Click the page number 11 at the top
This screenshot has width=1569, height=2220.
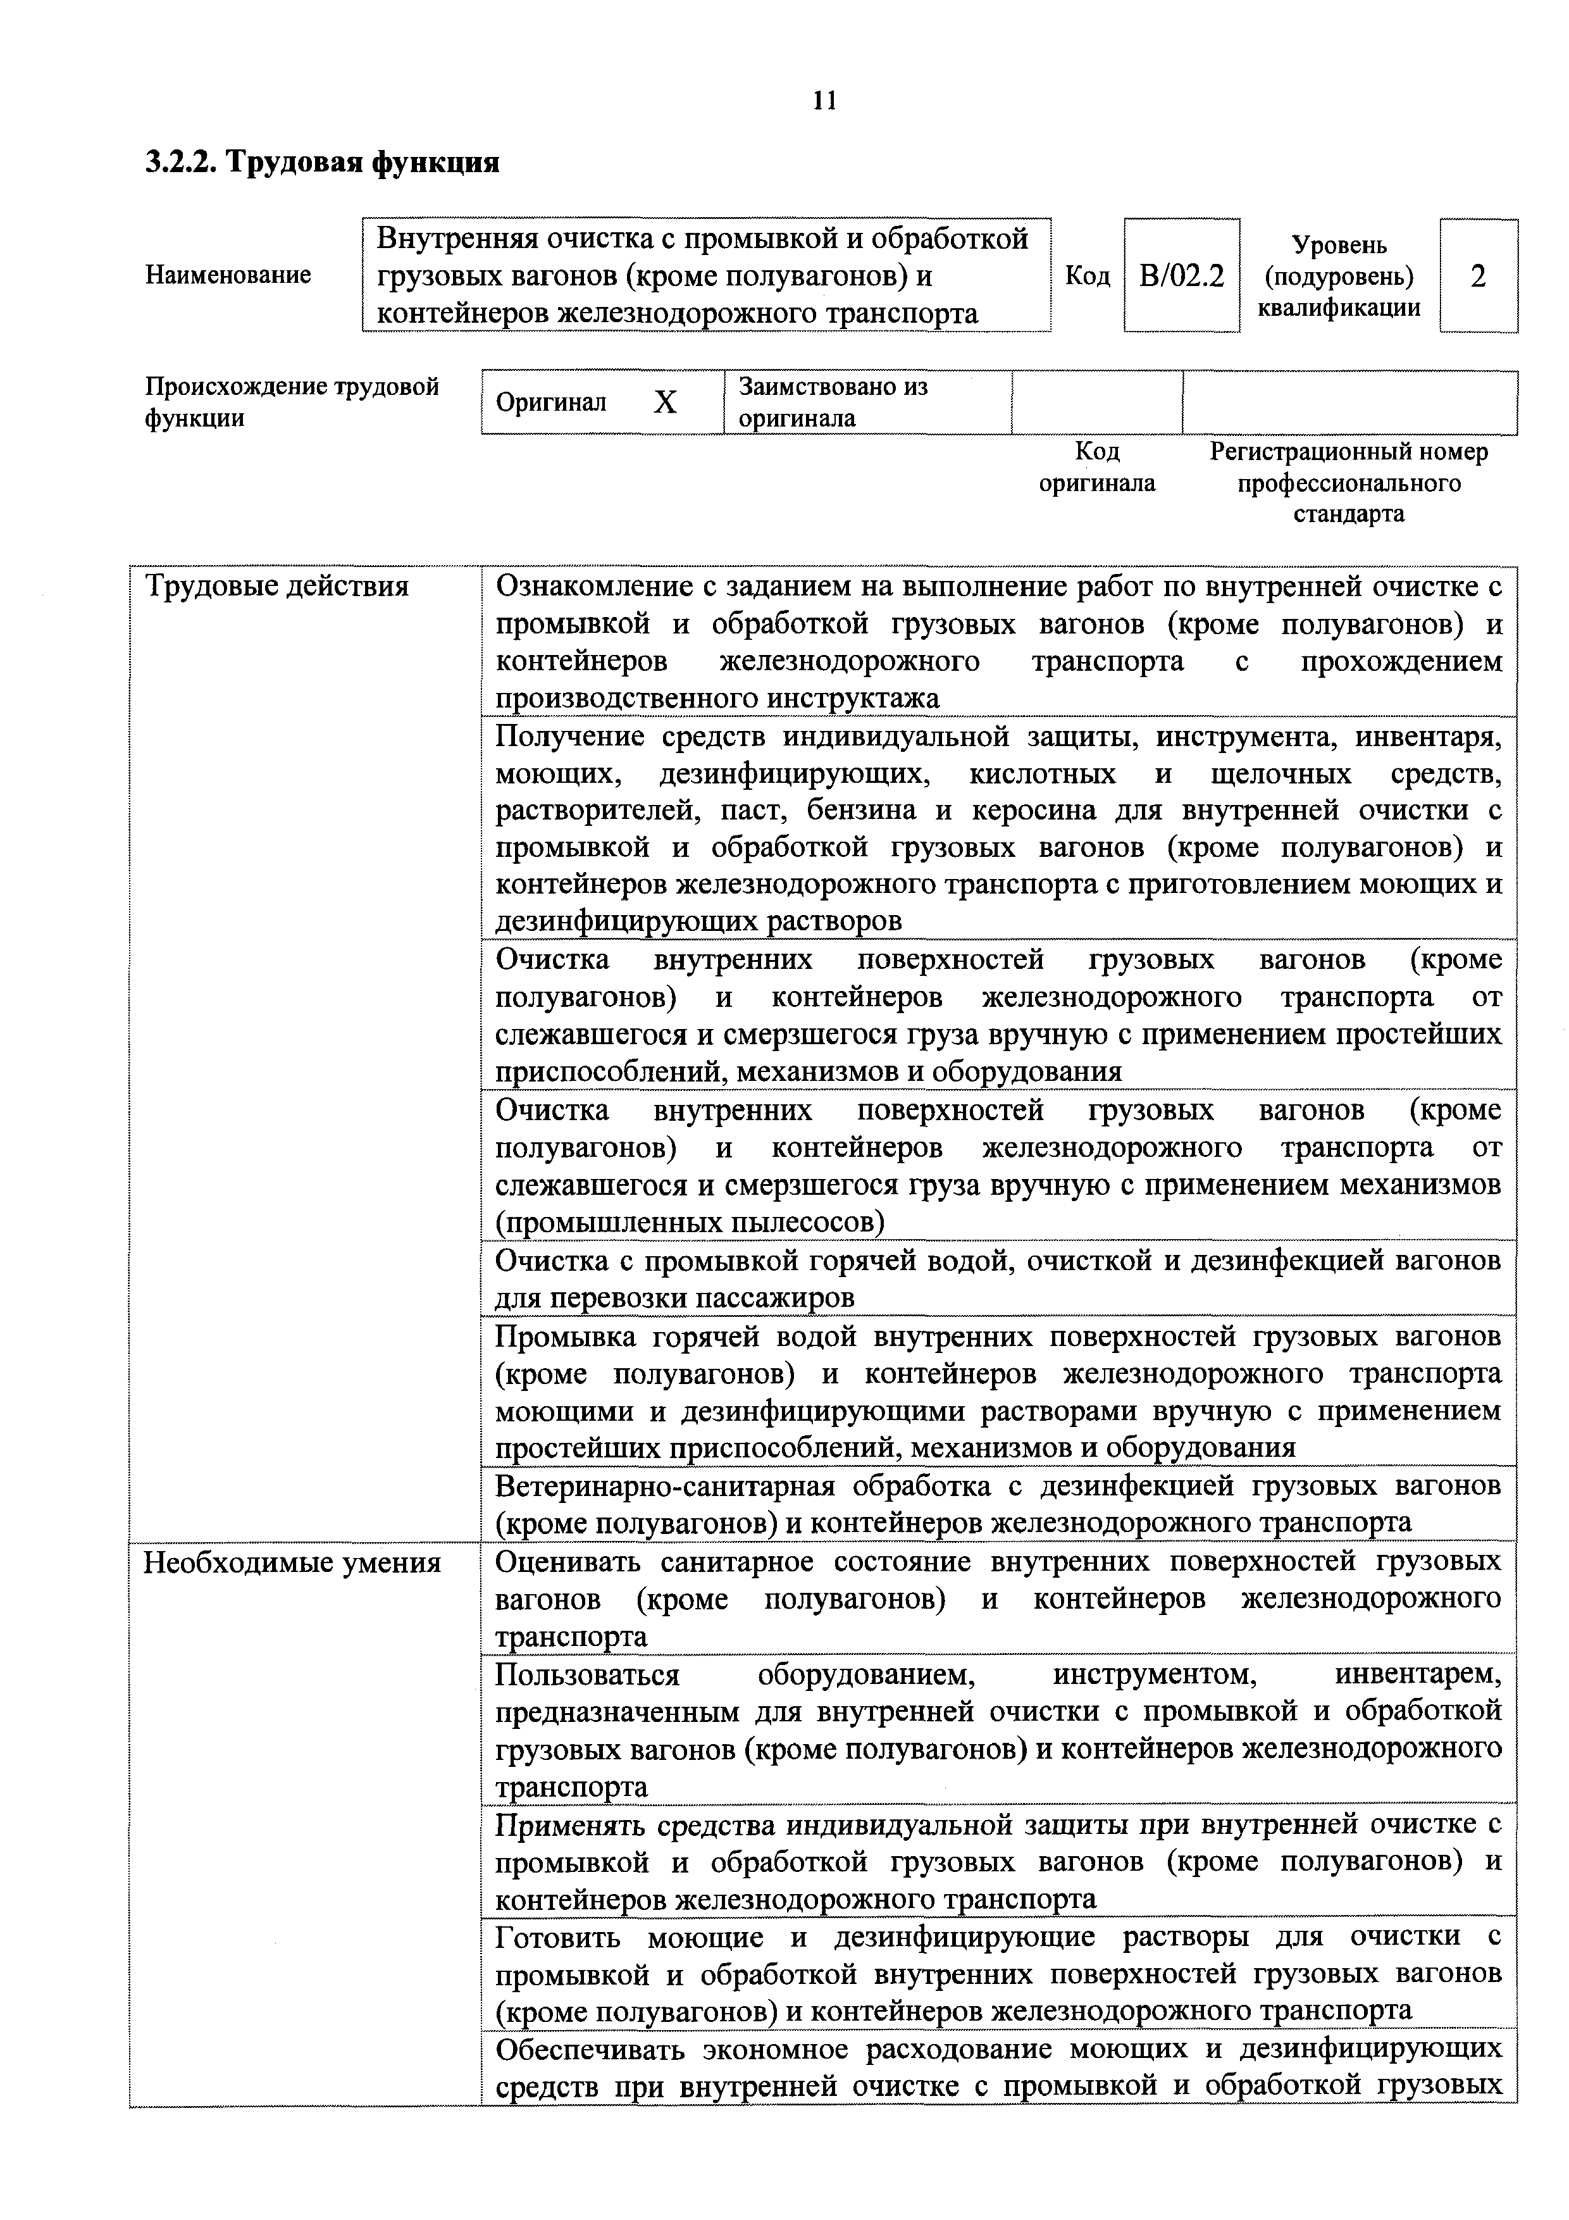[824, 101]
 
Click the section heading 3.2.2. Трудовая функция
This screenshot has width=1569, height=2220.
[322, 161]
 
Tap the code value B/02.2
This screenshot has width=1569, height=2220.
[1181, 277]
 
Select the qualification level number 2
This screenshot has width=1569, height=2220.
[1477, 277]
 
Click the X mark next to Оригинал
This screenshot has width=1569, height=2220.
[664, 402]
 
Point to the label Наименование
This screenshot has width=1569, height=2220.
[228, 275]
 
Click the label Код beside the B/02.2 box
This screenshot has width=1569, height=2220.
[1087, 277]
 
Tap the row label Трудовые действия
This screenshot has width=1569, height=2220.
[276, 586]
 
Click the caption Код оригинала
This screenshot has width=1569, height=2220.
[1096, 467]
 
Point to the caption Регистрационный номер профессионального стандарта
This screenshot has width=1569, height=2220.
[1349, 482]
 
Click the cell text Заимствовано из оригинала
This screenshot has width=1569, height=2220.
[833, 402]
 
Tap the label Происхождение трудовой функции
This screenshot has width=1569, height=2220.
[292, 402]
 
